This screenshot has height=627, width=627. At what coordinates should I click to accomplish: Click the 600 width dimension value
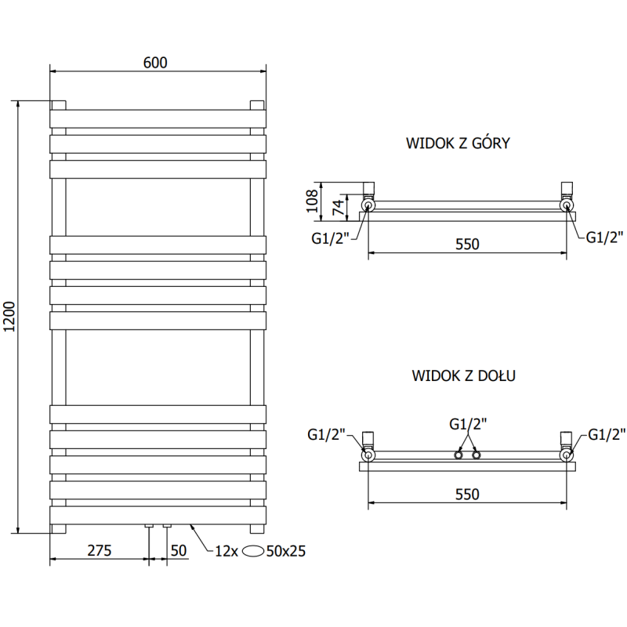pyautogui.click(x=155, y=62)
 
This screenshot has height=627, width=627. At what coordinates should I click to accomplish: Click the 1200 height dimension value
pyautogui.click(x=10, y=317)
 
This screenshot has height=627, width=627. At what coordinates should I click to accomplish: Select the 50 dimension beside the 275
pyautogui.click(x=179, y=550)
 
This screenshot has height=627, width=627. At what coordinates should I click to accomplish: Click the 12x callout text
pyautogui.click(x=226, y=551)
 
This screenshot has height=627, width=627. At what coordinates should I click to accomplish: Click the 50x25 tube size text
pyautogui.click(x=285, y=551)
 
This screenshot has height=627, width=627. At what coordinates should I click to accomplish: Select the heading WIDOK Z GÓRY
pyautogui.click(x=458, y=143)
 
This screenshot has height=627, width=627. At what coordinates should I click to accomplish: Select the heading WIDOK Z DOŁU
pyautogui.click(x=462, y=376)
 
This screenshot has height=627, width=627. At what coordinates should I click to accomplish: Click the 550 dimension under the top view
pyautogui.click(x=466, y=244)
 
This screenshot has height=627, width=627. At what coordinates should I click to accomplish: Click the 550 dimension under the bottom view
pyautogui.click(x=466, y=494)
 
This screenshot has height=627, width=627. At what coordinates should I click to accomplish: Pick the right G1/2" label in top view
pyautogui.click(x=604, y=237)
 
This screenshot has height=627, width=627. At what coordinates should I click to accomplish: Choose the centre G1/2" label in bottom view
pyautogui.click(x=468, y=424)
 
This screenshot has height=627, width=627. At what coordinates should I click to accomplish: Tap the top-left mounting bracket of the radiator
pyautogui.click(x=59, y=104)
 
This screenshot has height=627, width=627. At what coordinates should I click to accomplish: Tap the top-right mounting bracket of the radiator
pyautogui.click(x=256, y=104)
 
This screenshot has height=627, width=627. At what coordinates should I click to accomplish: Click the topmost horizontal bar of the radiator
pyautogui.click(x=158, y=118)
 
